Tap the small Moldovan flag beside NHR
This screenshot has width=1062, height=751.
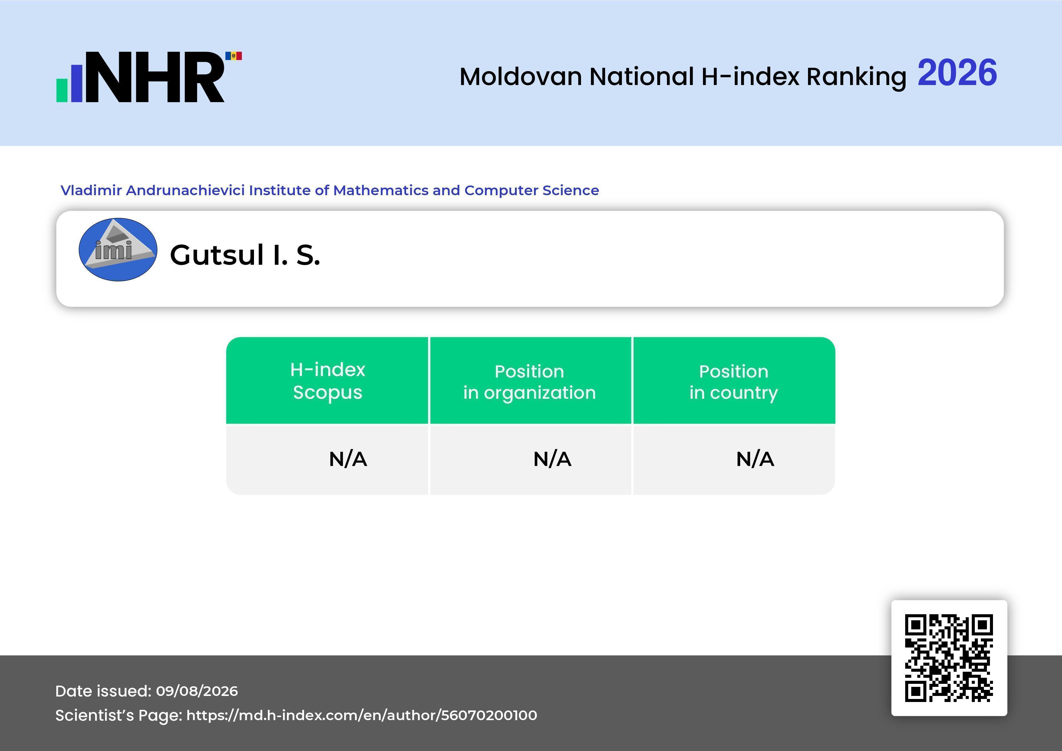(x=234, y=56)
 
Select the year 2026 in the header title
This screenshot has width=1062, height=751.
(x=957, y=73)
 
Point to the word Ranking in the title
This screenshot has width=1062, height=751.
(x=856, y=77)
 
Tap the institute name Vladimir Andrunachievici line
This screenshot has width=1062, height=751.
(x=330, y=190)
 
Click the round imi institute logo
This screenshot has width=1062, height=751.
(x=118, y=250)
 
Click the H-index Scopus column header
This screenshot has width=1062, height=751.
(x=328, y=381)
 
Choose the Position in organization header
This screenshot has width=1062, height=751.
(x=529, y=382)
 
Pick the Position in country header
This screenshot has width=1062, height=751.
(x=734, y=382)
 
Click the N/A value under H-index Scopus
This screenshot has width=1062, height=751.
(x=348, y=459)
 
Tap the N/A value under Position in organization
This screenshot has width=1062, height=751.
(x=552, y=459)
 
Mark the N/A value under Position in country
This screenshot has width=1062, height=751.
(x=755, y=459)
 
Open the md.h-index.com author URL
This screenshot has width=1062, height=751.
(x=362, y=715)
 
